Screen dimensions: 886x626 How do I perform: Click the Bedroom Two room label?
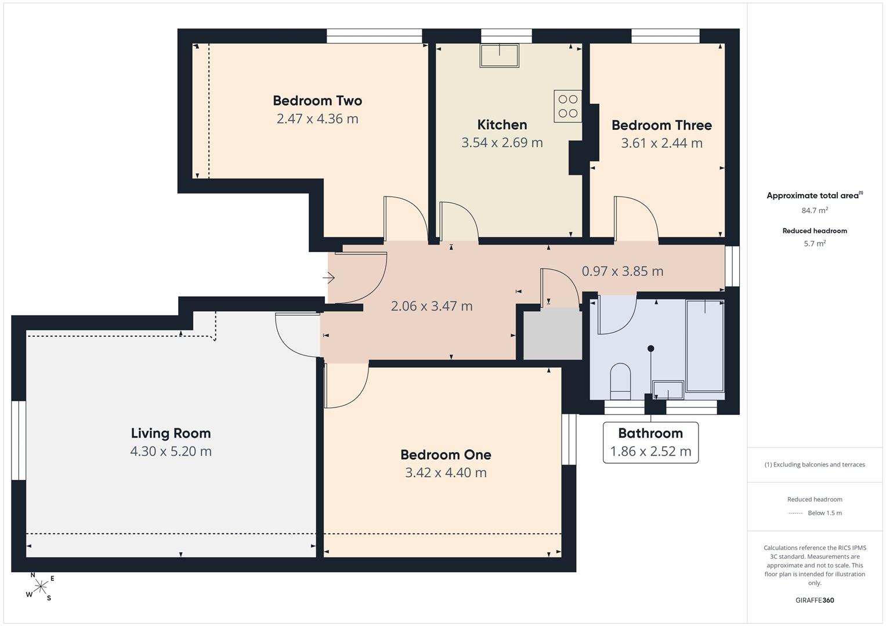317,101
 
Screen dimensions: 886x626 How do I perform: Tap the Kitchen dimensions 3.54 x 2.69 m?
502,143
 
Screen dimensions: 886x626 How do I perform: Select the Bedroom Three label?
661,125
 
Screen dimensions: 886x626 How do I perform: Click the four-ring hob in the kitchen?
568,106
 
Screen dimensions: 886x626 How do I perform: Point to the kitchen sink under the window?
500,56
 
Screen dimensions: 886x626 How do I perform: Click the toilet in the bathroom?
621,381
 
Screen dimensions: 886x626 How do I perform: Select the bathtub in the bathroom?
705,346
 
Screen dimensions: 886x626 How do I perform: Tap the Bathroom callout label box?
650,443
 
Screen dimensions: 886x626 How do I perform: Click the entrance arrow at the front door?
328,278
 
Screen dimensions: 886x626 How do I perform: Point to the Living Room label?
171,434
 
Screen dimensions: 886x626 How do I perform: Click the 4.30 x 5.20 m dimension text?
171,452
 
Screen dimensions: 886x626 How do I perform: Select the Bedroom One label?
446,455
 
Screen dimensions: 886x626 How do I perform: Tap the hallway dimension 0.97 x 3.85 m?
623,271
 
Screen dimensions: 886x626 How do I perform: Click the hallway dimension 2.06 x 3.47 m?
432,306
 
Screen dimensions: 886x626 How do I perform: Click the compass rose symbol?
41,587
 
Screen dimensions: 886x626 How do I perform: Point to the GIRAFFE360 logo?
815,600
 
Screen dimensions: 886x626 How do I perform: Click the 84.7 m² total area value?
815,210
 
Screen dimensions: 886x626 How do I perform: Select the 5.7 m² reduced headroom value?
815,243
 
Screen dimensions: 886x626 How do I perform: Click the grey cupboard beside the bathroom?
552,334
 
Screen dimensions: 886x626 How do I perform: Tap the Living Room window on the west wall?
19,441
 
